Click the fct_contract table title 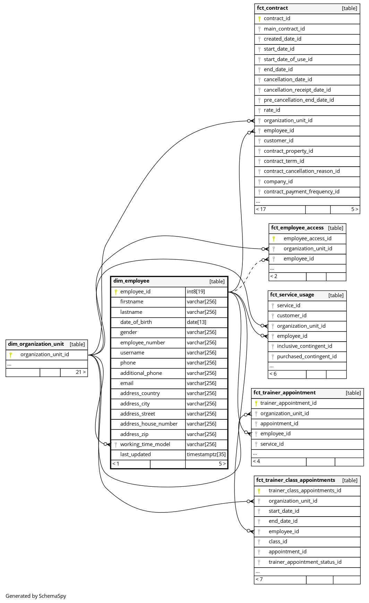coord(272,8)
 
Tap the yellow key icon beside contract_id coord(259,19)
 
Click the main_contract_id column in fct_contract coord(284,29)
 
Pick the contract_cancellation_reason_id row coord(301,171)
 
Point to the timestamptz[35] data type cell coord(206,454)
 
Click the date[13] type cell coord(196,322)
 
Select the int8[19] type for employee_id coord(196,292)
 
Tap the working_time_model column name coord(145,444)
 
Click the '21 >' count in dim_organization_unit coord(80,372)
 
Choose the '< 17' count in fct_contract coord(261,209)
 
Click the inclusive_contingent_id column coord(304,346)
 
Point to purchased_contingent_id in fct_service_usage coord(307,357)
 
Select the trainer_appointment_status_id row coord(305,562)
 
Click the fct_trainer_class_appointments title coord(295,480)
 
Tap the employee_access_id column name coord(307,238)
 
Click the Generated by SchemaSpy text coord(36,596)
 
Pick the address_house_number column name coord(149,424)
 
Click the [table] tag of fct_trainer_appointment coord(353,393)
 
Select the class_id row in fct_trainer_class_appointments coord(278,542)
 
